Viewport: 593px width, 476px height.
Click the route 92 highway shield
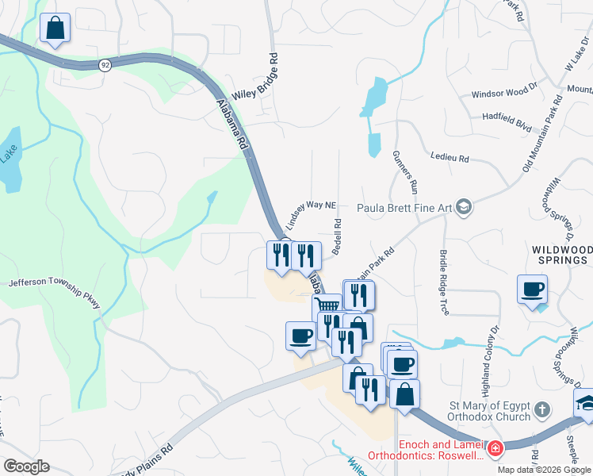105,64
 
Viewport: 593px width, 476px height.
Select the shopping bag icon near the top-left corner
55,28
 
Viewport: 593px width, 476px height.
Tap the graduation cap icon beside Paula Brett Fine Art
464,208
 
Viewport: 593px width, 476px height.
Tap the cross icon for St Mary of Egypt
541,410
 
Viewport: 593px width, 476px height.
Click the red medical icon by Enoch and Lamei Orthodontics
495,450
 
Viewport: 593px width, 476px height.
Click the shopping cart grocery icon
327,305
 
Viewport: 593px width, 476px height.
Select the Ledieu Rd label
449,159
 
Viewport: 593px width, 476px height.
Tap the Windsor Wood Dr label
504,94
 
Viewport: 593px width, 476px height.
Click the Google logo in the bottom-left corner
26,466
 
